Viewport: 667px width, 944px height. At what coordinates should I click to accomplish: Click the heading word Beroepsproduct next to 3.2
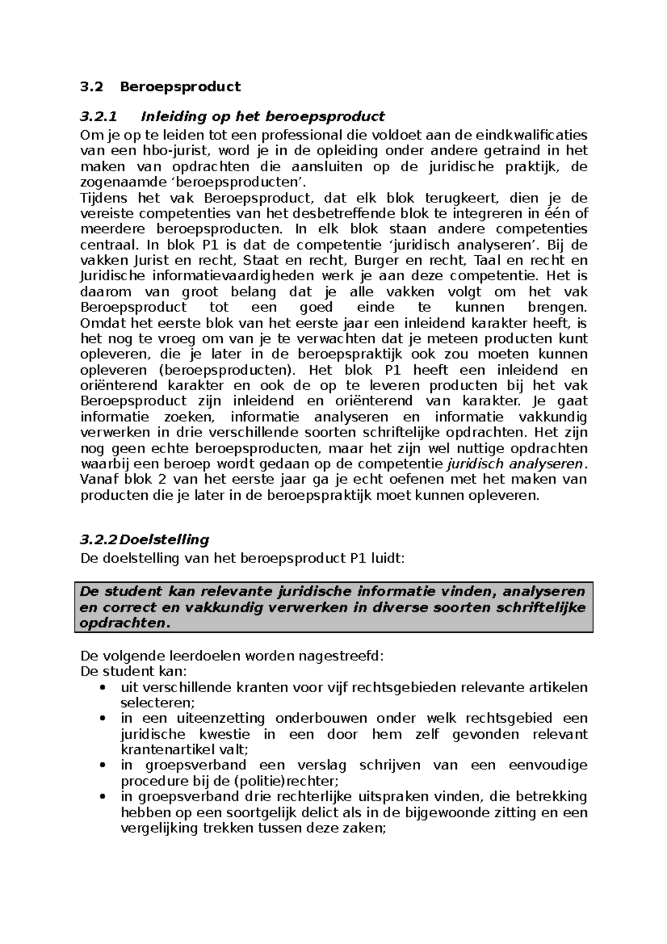[181, 87]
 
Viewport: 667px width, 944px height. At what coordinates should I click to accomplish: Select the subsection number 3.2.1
[99, 117]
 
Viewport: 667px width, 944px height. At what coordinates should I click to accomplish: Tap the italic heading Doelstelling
[165, 540]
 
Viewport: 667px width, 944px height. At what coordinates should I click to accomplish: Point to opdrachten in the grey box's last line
[123, 623]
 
